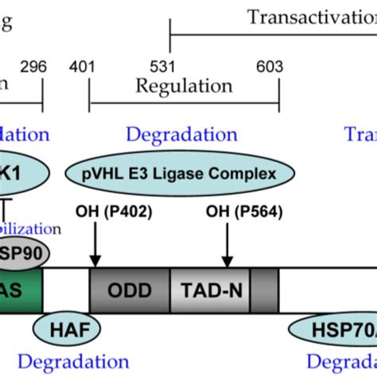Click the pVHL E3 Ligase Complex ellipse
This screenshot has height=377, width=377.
point(182,173)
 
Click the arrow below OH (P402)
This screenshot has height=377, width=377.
point(95,243)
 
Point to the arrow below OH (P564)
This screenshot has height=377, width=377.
point(227,243)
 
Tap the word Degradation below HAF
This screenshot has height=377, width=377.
point(60,363)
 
